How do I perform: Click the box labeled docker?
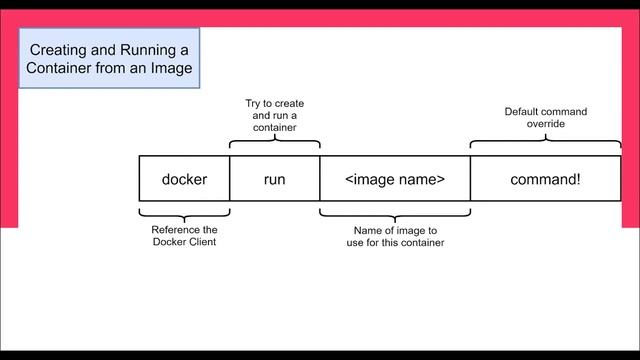click(x=184, y=180)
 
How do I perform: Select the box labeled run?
click(x=274, y=180)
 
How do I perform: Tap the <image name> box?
click(x=394, y=180)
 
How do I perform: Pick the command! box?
click(x=545, y=180)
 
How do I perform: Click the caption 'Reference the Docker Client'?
click(x=184, y=236)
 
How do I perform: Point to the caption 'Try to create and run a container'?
click(x=274, y=116)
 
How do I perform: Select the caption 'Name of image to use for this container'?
click(x=394, y=236)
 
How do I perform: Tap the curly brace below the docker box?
click(x=184, y=211)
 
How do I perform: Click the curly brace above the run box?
click(x=274, y=144)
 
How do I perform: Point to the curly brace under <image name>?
click(x=394, y=211)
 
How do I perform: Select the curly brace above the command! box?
click(x=545, y=144)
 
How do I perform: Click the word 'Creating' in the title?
click(x=58, y=49)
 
